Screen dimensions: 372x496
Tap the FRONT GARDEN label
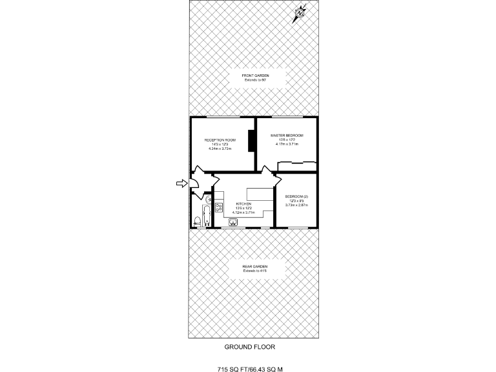click(x=255, y=76)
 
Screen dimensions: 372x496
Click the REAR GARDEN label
click(x=255, y=266)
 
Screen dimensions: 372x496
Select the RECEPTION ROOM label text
click(x=220, y=140)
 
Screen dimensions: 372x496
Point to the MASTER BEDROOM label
click(x=286, y=135)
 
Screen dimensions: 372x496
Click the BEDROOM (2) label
click(x=296, y=196)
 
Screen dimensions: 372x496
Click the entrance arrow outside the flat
click(x=181, y=183)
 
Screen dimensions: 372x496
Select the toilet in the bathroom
click(x=196, y=222)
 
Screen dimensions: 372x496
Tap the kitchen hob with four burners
click(x=220, y=207)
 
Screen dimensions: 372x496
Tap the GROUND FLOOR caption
click(x=249, y=347)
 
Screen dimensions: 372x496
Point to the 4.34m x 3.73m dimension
click(x=220, y=149)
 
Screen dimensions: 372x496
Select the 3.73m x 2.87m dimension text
click(x=296, y=205)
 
